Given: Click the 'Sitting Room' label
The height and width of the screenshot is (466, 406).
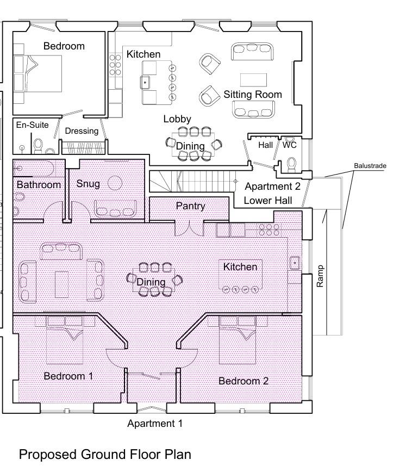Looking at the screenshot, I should point(253,94).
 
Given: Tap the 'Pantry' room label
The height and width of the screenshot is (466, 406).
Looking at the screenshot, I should point(190,206).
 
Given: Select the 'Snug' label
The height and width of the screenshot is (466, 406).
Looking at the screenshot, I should point(88,183).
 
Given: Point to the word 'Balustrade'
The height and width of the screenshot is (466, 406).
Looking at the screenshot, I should point(369,165).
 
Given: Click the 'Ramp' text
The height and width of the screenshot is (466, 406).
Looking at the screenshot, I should point(320,276).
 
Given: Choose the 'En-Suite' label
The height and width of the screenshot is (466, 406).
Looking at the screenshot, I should point(32,125).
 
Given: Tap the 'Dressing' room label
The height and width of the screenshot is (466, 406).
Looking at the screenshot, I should point(82,131).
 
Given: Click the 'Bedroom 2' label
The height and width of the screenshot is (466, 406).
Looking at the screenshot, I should point(243,381).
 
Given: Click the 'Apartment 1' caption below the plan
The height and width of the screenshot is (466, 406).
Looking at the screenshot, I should point(155,423).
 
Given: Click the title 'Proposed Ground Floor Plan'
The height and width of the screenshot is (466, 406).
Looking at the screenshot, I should point(105,454).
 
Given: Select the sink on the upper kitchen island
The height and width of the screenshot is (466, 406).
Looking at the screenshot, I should point(146,83).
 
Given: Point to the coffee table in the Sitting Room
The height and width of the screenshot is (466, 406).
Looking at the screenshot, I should point(253,79).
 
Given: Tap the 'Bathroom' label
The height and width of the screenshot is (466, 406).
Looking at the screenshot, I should point(39,185).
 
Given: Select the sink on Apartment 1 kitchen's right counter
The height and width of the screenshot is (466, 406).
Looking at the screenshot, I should point(295,263).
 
